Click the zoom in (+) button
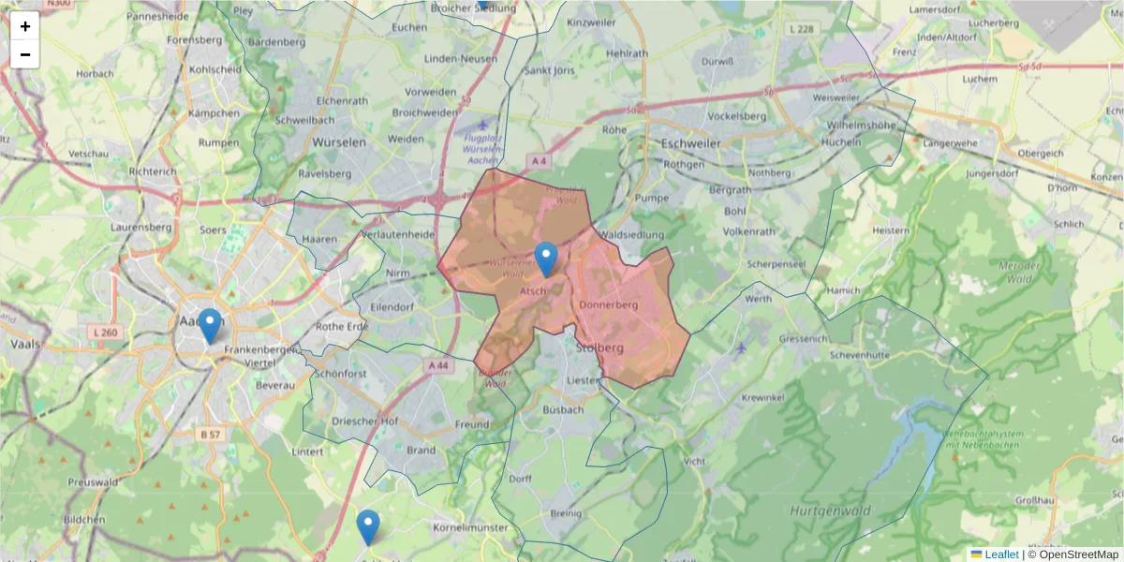(25, 25)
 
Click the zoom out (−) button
(25, 54)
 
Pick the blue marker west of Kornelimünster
(368, 527)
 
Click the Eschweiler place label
(691, 143)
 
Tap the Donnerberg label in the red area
(608, 305)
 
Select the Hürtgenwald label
(830, 510)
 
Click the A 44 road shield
(437, 365)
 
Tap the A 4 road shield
(538, 161)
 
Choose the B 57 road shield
(210, 435)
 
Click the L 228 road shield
(802, 30)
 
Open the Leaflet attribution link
(1001, 555)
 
